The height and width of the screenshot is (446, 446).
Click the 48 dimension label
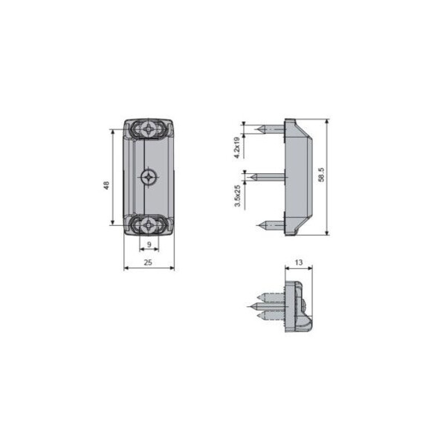click(106, 185)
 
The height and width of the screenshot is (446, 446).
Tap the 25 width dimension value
click(148, 262)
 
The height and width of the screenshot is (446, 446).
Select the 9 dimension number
click(149, 245)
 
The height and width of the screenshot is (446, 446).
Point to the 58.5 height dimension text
click(321, 175)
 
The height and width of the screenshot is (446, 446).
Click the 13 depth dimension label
click(299, 262)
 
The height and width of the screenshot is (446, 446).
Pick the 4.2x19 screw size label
click(237, 148)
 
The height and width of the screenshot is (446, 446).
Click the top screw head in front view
click(149, 129)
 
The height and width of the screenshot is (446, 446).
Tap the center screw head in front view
click(149, 178)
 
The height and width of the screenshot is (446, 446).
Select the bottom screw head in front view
click(149, 225)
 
